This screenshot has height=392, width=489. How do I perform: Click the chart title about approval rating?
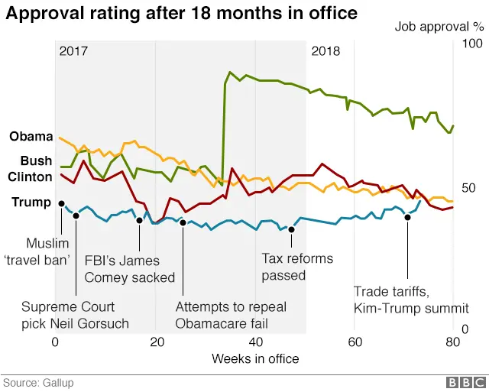(182, 14)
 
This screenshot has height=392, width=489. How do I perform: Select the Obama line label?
(31, 137)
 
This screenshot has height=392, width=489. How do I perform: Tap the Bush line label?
(36, 161)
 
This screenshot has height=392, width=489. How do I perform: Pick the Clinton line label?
(30, 177)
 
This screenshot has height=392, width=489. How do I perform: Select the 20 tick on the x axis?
(156, 341)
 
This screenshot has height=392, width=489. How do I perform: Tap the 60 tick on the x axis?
(355, 341)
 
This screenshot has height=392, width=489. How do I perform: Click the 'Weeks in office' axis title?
(255, 358)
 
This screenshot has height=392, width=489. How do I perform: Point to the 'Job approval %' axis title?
(439, 27)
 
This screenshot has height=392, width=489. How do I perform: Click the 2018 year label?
(326, 51)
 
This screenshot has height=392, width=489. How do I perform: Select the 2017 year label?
(73, 51)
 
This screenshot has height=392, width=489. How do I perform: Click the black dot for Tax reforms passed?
(291, 229)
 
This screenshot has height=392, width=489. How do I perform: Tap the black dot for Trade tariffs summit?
(407, 217)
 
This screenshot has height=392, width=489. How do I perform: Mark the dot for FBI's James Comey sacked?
(139, 220)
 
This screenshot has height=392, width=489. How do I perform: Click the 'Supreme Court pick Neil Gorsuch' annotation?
(75, 315)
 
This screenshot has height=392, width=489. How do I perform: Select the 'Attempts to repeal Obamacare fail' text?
(231, 315)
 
